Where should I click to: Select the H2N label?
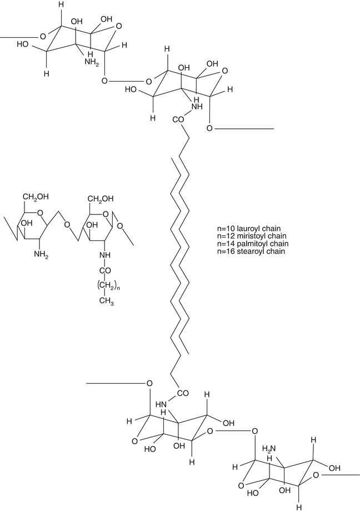[x=270, y=448]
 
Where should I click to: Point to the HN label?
[x=162, y=405]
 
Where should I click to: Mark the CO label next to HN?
[x=182, y=394]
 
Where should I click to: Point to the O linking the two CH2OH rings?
[x=66, y=225]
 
